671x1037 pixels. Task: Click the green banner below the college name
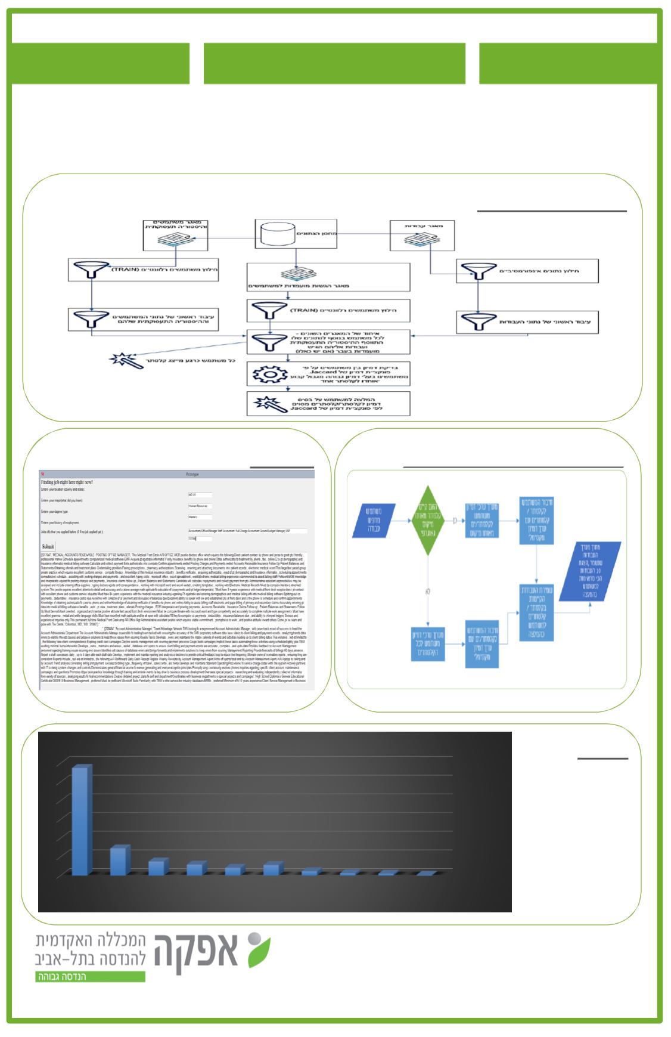(x=89, y=977)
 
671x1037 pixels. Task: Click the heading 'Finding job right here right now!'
(x=67, y=482)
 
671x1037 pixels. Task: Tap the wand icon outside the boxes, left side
(x=123, y=359)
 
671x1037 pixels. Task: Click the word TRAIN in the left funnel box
(x=126, y=271)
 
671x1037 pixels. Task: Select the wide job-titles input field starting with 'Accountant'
(x=247, y=530)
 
